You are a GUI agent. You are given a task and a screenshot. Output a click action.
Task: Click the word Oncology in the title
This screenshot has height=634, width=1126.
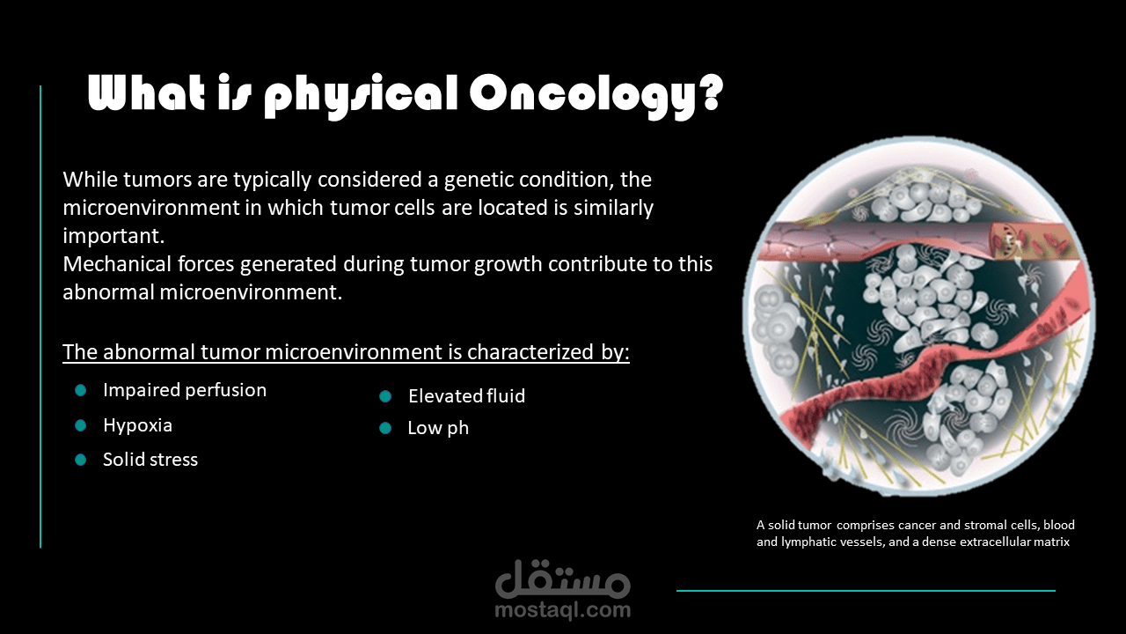(585, 96)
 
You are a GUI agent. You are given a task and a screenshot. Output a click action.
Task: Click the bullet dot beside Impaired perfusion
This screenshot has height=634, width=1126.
(80, 390)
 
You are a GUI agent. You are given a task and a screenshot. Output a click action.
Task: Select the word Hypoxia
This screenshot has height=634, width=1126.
(138, 425)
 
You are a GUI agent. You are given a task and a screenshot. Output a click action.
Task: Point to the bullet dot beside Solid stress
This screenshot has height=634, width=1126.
(80, 460)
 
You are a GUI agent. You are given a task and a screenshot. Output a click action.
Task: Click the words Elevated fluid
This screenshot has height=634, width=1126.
(466, 396)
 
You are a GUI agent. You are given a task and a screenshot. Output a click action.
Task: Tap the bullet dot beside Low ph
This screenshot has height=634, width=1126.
(385, 428)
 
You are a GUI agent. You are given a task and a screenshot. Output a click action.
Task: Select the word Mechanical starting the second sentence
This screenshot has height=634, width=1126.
(117, 264)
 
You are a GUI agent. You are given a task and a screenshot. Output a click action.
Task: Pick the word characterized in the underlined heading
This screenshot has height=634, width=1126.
(530, 352)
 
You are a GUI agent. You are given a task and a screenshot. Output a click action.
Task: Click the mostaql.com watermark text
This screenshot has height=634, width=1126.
(562, 610)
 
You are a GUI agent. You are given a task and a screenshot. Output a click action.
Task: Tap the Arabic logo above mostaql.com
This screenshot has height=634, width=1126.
(562, 579)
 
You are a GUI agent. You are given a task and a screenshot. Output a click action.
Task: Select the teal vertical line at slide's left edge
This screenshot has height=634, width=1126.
(40, 316)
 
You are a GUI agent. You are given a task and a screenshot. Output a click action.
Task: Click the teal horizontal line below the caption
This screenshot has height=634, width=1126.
(866, 591)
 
